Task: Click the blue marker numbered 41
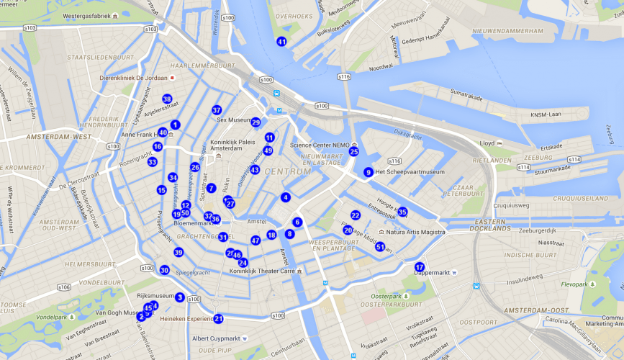click(x=281, y=42)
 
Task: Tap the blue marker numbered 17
click(x=420, y=267)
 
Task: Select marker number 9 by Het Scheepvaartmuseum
click(x=368, y=172)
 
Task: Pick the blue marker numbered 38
click(x=167, y=99)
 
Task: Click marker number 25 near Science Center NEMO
click(x=353, y=151)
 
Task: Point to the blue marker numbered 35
click(x=402, y=212)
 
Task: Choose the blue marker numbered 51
click(x=380, y=247)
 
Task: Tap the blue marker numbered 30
click(x=164, y=270)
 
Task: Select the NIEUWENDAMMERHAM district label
click(x=507, y=32)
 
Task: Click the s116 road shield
click(x=344, y=76)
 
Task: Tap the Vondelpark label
click(x=51, y=317)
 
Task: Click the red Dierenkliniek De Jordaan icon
click(x=172, y=78)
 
